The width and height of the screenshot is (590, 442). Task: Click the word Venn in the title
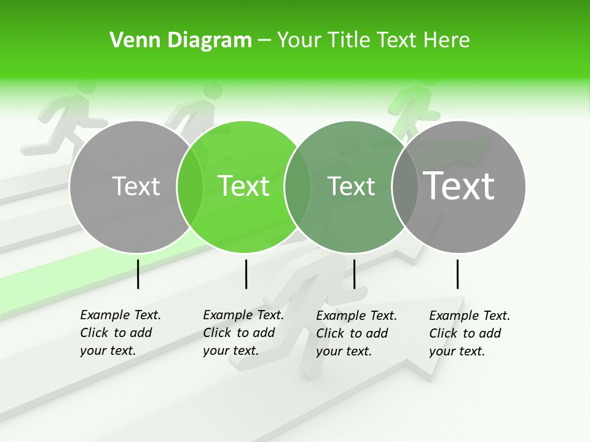click(x=130, y=41)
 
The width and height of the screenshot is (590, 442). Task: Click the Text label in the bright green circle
click(x=243, y=186)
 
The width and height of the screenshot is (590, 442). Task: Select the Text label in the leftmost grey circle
click(x=136, y=186)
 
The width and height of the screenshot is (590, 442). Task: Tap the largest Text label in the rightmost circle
click(x=459, y=185)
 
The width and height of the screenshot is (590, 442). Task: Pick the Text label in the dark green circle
click(x=351, y=186)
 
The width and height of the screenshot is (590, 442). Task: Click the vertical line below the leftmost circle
click(x=138, y=274)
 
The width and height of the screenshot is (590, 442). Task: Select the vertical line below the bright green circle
click(x=246, y=274)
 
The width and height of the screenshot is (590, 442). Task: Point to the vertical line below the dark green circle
click(x=355, y=274)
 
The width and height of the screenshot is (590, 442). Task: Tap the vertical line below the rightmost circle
click(x=458, y=274)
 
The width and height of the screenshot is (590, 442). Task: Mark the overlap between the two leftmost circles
click(x=190, y=187)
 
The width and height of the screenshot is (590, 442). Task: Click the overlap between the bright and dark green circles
click(x=297, y=187)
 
